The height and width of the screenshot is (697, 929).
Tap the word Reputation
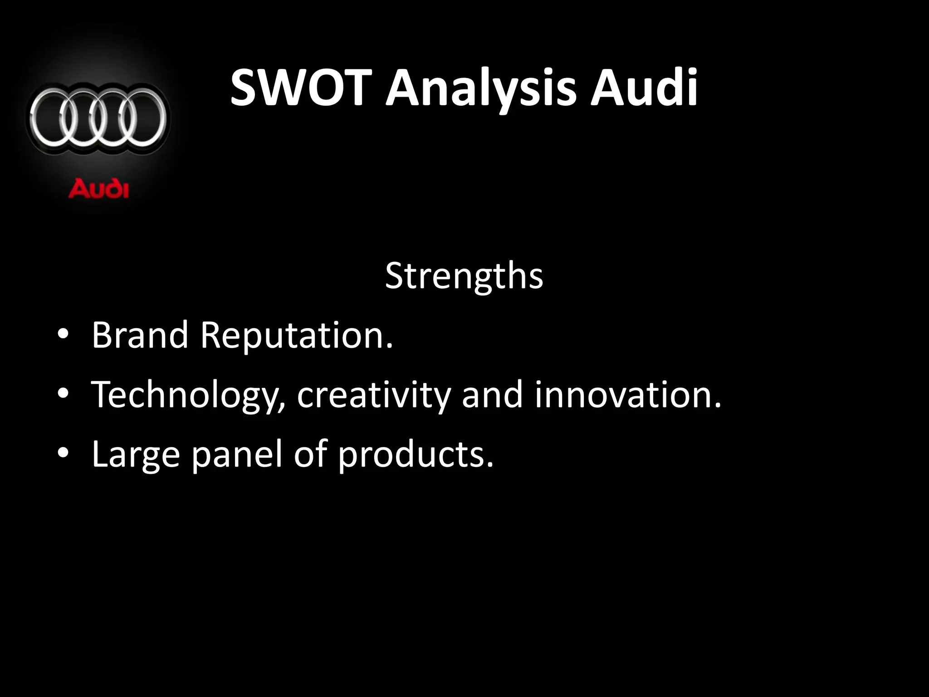click(296, 336)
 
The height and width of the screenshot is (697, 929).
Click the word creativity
click(374, 395)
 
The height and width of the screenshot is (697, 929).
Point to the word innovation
click(627, 394)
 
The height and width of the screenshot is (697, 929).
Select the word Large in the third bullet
click(136, 455)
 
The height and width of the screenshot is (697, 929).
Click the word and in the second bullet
click(492, 394)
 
